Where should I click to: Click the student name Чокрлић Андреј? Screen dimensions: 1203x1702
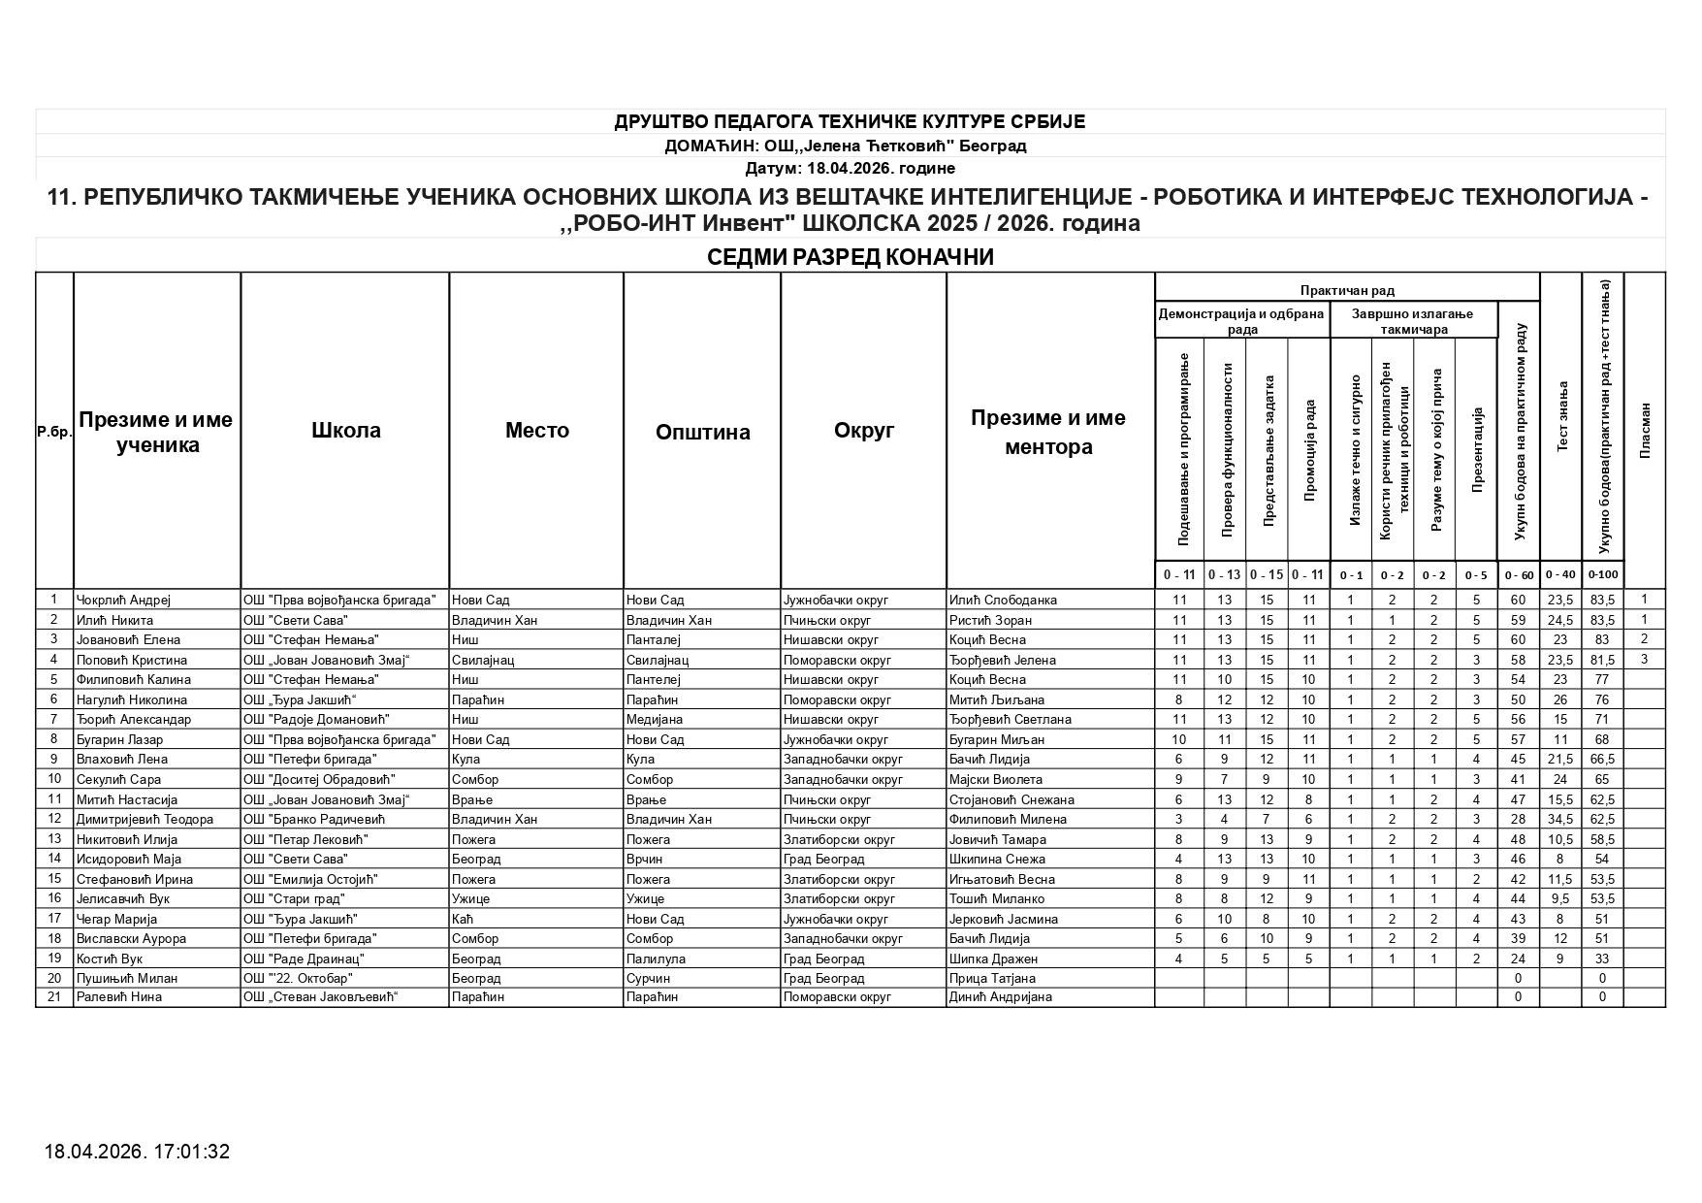click(x=123, y=600)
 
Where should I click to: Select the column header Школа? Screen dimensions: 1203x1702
click(x=345, y=431)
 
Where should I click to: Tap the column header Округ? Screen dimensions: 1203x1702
click(x=863, y=431)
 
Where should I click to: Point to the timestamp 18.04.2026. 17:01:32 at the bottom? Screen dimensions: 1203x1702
click(x=137, y=1152)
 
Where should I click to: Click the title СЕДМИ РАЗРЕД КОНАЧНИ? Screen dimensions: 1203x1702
click(x=850, y=257)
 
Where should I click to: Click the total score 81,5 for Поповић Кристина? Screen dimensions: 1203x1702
click(x=1602, y=660)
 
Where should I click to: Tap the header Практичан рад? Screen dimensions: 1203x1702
click(x=1347, y=290)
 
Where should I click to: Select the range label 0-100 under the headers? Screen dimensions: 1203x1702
click(x=1602, y=574)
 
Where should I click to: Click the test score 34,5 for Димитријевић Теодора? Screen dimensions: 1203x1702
click(x=1560, y=819)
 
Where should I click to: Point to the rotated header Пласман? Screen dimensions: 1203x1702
click(x=1644, y=431)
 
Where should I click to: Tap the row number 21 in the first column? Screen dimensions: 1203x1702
click(x=54, y=996)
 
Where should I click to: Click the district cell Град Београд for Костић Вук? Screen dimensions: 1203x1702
click(x=823, y=959)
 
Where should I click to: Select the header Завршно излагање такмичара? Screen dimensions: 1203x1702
click(x=1412, y=321)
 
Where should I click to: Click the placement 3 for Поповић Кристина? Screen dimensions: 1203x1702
click(x=1644, y=660)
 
